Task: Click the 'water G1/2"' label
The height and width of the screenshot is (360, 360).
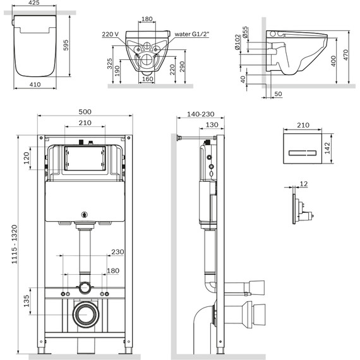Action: coord(193,35)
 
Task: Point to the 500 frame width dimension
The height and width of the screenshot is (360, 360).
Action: coord(86,111)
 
